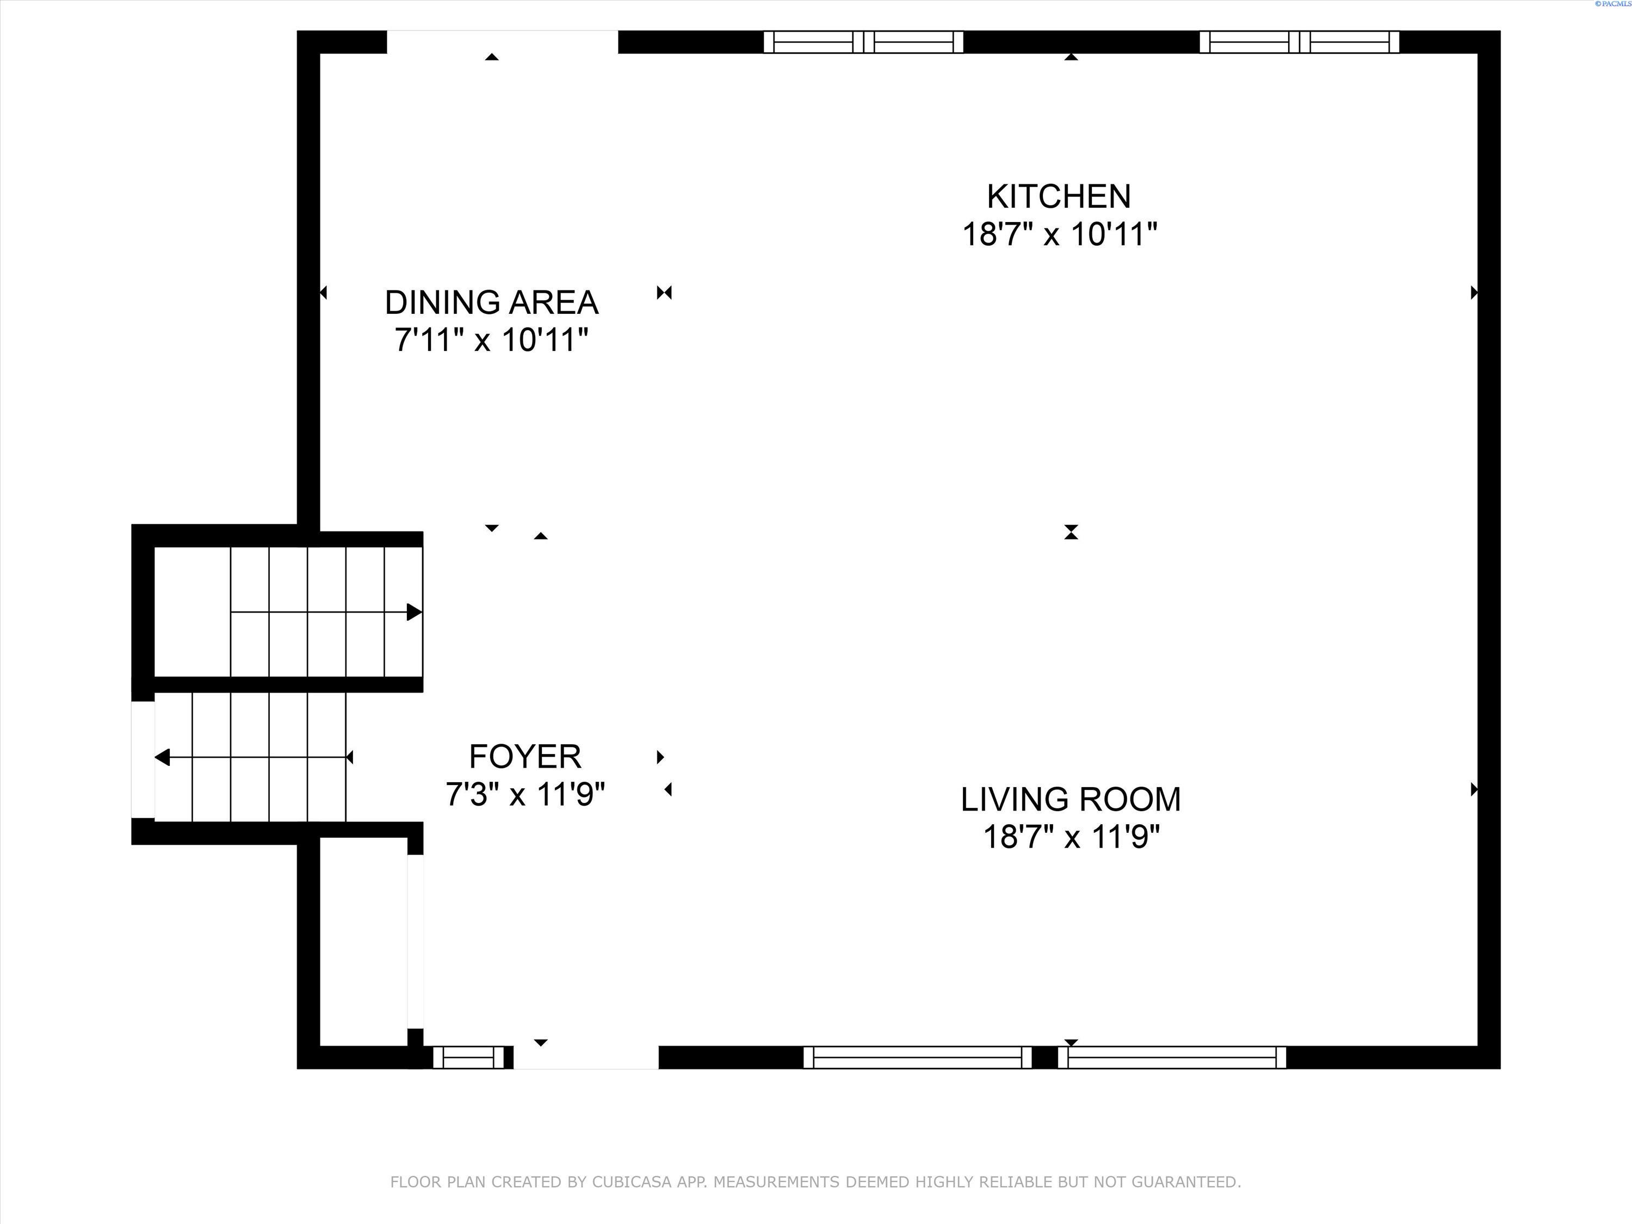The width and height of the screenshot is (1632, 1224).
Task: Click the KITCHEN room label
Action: (x=1059, y=197)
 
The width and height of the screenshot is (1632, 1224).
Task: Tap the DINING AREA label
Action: (x=491, y=302)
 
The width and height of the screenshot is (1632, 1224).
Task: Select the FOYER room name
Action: (x=526, y=757)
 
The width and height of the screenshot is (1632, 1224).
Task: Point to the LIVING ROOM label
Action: (x=1071, y=800)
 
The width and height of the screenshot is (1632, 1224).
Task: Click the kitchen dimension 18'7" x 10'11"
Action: (x=1060, y=234)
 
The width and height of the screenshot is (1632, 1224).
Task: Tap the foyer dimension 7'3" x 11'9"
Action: (x=526, y=795)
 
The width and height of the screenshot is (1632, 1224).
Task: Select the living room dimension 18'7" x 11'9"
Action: (x=1071, y=837)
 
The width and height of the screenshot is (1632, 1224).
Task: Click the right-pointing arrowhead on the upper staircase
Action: (x=414, y=611)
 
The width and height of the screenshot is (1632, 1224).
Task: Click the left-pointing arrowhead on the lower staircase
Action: (x=162, y=757)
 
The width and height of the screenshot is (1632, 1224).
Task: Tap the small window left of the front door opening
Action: (x=473, y=1057)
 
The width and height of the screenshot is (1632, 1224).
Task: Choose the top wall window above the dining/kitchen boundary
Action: (x=863, y=42)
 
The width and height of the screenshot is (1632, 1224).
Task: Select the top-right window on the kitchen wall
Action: (x=1299, y=42)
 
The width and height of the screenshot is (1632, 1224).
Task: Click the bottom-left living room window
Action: (x=918, y=1057)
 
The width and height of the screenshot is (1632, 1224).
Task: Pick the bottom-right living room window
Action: (x=1172, y=1057)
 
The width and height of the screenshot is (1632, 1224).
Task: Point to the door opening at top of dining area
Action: (x=503, y=42)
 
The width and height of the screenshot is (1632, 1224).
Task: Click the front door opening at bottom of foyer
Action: (x=586, y=1057)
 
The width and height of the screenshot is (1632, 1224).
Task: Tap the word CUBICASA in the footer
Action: (x=632, y=1182)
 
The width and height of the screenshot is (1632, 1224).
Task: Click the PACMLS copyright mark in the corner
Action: (x=1613, y=4)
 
